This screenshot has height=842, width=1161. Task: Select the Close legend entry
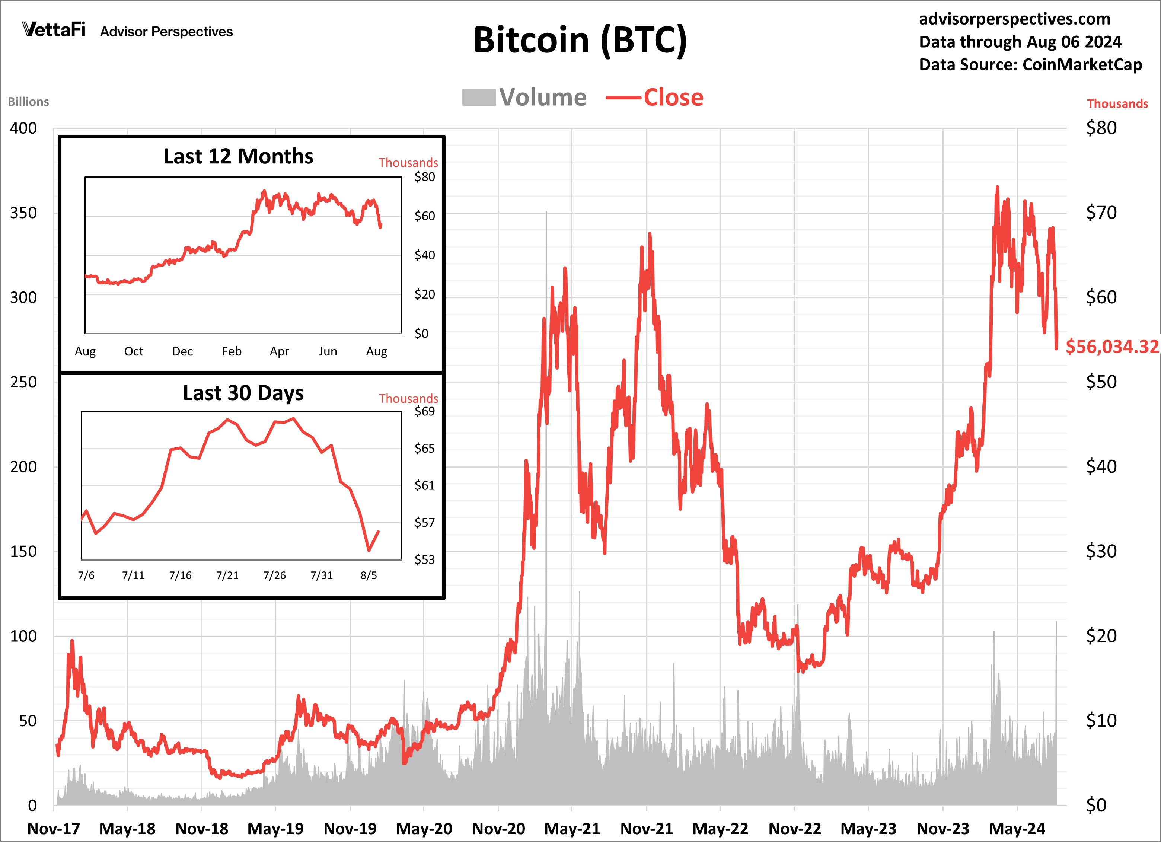655,97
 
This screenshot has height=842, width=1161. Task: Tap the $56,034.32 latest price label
1111,347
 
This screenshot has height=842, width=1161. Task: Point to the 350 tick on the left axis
23,213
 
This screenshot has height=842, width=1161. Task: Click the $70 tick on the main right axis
1101,213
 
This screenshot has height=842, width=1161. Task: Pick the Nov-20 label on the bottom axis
498,828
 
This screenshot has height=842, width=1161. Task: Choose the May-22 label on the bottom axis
720,828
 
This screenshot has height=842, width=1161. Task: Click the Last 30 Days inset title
243,393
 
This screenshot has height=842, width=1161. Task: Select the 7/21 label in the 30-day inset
227,575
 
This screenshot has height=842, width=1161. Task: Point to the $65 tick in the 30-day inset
424,449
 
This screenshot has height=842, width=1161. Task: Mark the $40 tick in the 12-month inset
424,255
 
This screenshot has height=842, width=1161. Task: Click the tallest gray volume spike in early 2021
546,215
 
